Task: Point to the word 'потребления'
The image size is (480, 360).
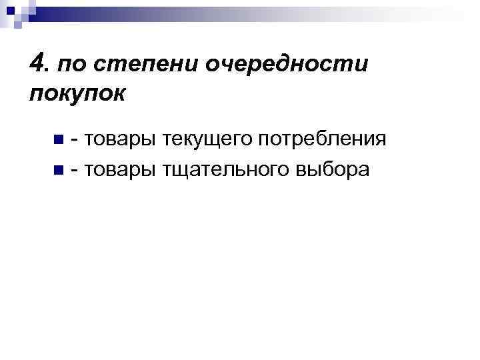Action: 322,139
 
